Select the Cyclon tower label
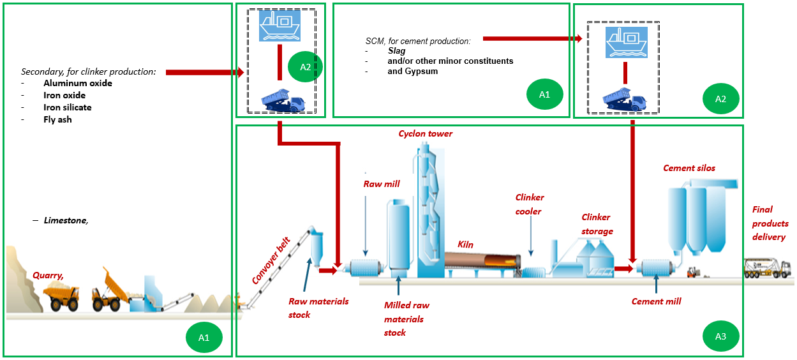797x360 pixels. tap(426, 134)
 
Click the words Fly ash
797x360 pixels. tap(57, 119)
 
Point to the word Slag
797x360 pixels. tap(396, 51)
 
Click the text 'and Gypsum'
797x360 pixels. tap(412, 71)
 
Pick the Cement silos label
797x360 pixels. tap(689, 169)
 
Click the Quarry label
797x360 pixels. tap(48, 276)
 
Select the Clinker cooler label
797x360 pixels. tap(529, 204)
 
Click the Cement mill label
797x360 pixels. tap(656, 301)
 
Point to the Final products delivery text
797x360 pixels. tap(770, 223)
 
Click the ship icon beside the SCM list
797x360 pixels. tap(623, 41)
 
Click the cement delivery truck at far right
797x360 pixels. tap(770, 267)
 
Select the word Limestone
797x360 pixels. tap(66, 220)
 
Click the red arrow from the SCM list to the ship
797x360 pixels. tap(532, 39)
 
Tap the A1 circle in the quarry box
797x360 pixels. tap(204, 338)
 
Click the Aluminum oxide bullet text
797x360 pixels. tap(77, 83)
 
